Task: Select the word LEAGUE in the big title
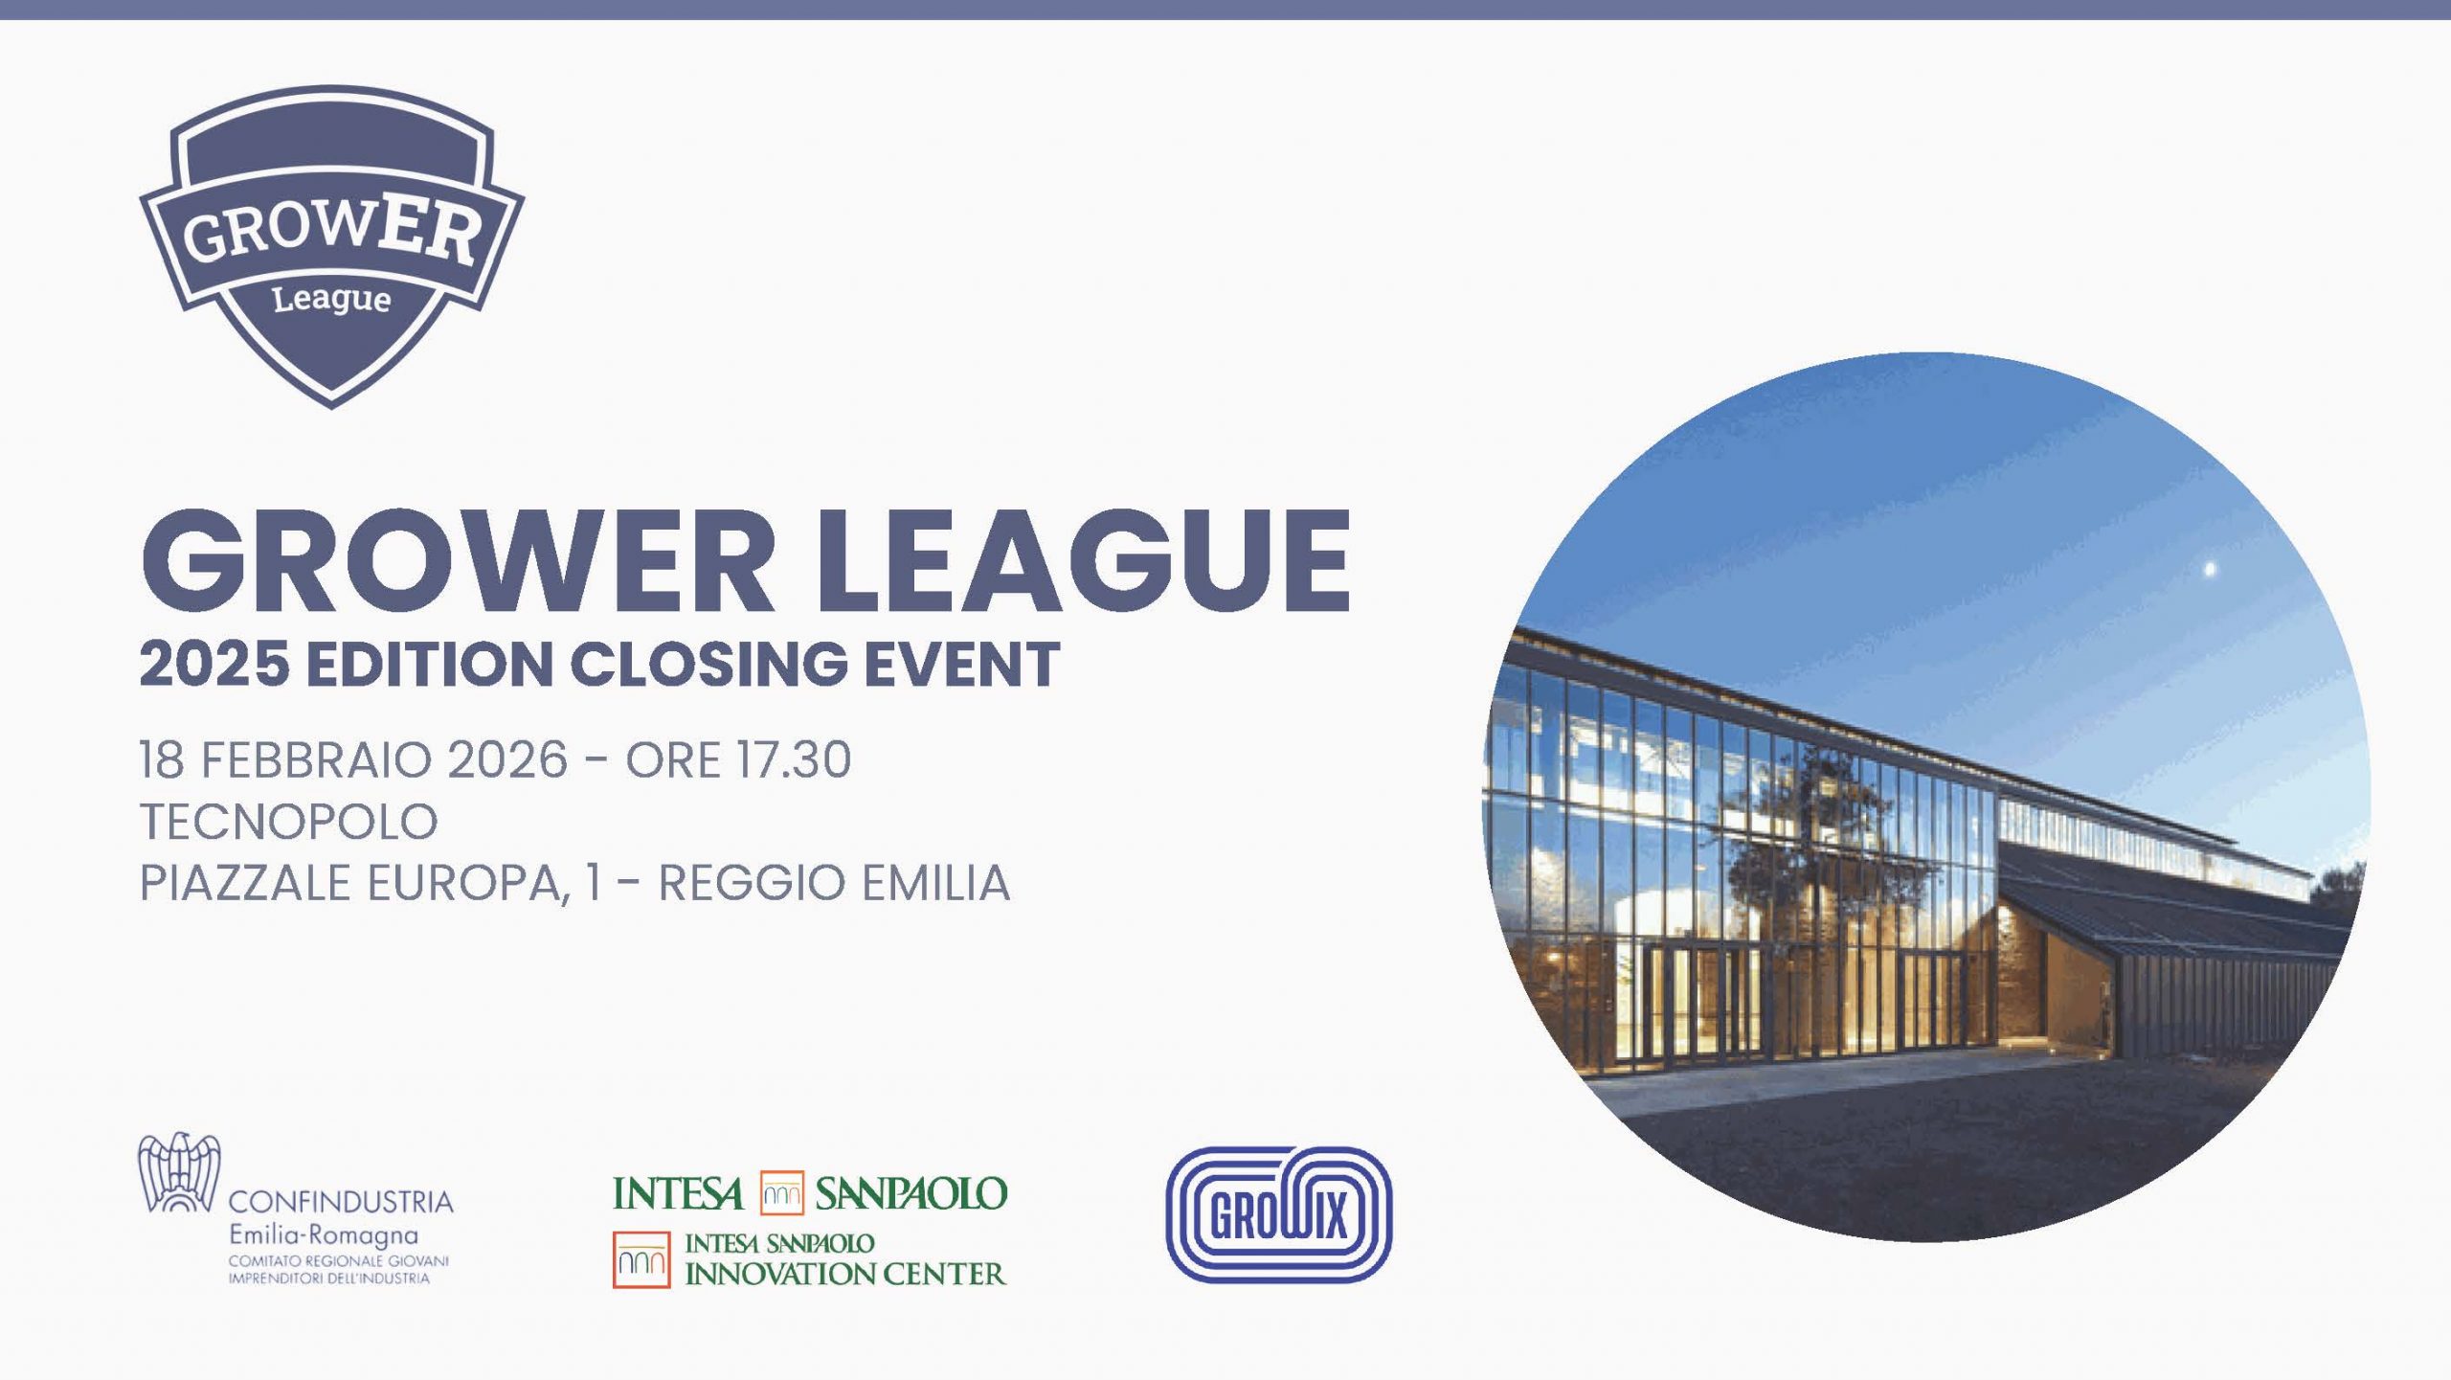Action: coord(1082,562)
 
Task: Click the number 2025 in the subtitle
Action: coord(214,664)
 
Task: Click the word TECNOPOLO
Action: coord(289,822)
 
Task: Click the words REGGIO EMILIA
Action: coord(834,883)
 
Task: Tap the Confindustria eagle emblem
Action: coord(179,1172)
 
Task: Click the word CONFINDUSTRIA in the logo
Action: coord(341,1201)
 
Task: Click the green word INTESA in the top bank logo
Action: coord(678,1193)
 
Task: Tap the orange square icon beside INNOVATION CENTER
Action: coord(641,1259)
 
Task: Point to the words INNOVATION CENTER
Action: coord(845,1274)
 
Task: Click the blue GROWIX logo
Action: coord(1278,1214)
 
